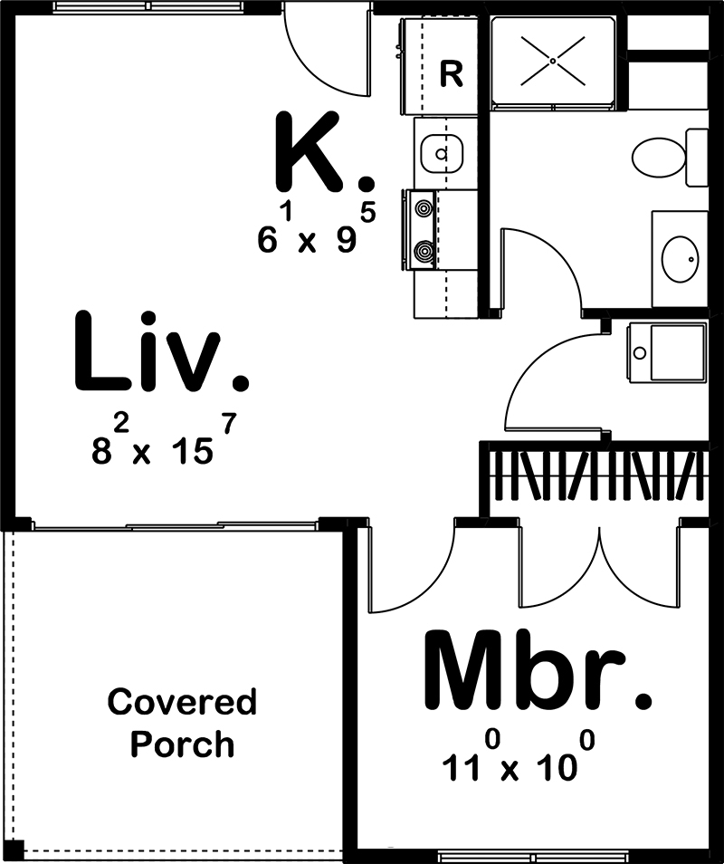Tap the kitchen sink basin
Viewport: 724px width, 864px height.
tap(442, 152)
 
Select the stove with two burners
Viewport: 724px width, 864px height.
tap(423, 229)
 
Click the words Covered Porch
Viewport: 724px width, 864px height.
tap(182, 724)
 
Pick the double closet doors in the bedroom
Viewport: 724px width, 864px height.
tap(598, 571)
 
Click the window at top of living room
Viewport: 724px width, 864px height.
tap(148, 7)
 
